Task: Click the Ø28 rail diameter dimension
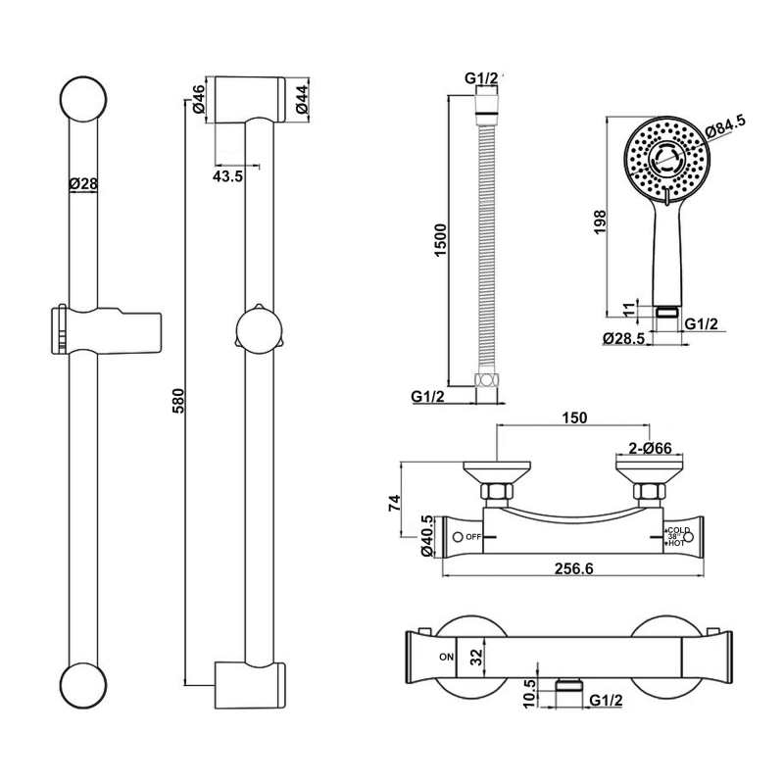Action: pos(83,182)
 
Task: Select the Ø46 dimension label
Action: pos(199,100)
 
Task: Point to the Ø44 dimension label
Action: pos(303,100)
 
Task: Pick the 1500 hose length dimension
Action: pos(441,240)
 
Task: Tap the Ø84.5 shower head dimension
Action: pos(725,124)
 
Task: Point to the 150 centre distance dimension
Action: pos(575,417)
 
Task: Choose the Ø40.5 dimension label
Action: pos(426,537)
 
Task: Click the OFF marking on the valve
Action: pos(474,537)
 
